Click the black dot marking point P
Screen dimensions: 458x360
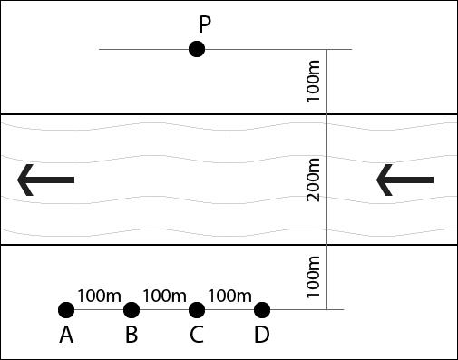point(197,49)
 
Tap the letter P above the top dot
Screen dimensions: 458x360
point(205,22)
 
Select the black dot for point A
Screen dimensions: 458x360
point(66,310)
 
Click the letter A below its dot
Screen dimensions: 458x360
point(66,336)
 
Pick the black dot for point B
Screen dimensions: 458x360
point(132,310)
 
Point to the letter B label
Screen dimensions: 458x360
point(132,336)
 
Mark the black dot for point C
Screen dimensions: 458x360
point(197,310)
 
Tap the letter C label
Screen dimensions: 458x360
point(197,336)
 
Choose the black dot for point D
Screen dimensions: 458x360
point(262,310)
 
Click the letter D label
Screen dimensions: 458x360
point(262,336)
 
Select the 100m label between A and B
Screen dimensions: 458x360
point(99,296)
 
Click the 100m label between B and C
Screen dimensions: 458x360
point(164,296)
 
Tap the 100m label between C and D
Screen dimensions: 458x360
point(229,296)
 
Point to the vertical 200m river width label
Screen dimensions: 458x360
point(315,180)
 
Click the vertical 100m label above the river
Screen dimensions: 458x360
point(315,83)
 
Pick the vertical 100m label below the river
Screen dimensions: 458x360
point(315,277)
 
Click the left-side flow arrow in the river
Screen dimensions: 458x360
point(45,180)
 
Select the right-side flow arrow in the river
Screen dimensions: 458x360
point(404,180)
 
